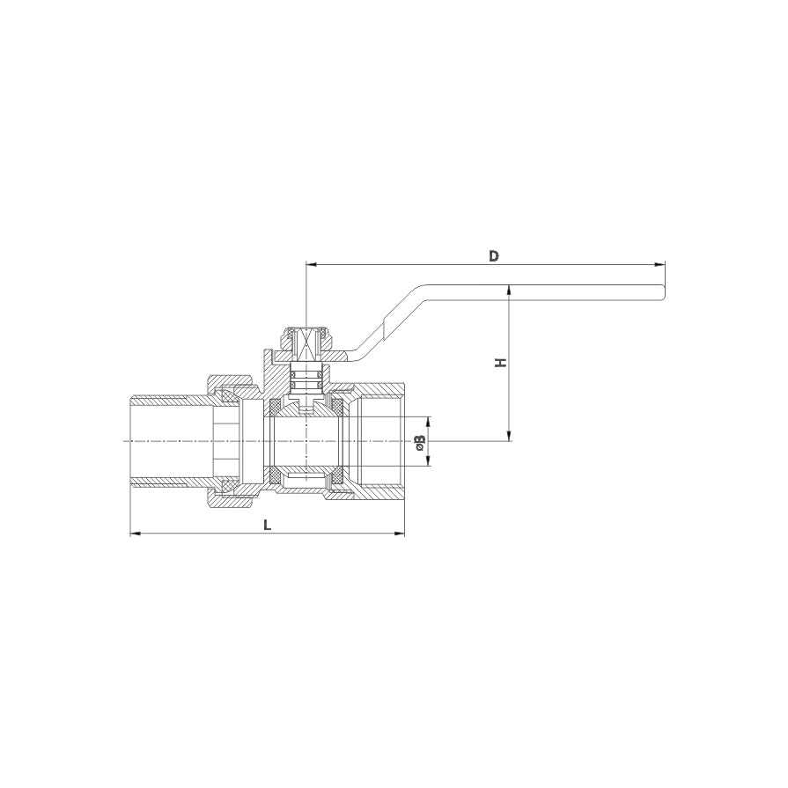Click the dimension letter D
(x=495, y=256)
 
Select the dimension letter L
(x=268, y=525)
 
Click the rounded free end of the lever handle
(x=663, y=292)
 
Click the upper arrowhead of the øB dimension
(x=428, y=422)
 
